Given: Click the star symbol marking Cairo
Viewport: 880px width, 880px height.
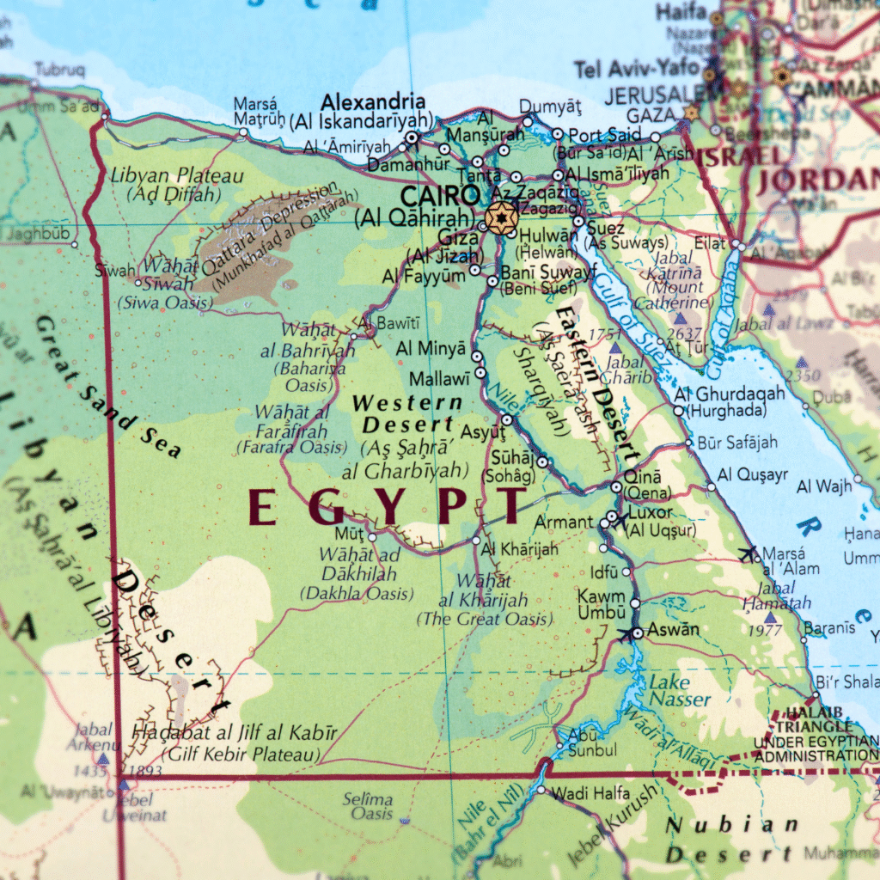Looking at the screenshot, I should click(500, 217).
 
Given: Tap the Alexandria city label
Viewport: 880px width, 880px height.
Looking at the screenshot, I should click(373, 101).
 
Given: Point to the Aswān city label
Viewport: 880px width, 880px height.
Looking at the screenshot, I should click(673, 630).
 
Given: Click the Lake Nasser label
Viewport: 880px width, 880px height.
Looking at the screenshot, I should click(680, 691).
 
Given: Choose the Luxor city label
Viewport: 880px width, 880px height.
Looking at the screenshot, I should click(651, 512).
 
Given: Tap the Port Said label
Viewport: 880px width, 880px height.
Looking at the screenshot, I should click(605, 134).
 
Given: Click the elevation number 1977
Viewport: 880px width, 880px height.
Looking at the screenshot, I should click(765, 632).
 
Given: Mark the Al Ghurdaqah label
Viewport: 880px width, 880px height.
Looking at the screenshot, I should click(730, 394).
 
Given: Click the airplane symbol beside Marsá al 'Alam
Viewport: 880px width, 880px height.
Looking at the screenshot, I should click(749, 553).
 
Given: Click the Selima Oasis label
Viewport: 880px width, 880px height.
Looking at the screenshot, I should click(368, 806).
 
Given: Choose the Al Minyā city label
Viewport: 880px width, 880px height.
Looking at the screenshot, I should click(431, 349).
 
